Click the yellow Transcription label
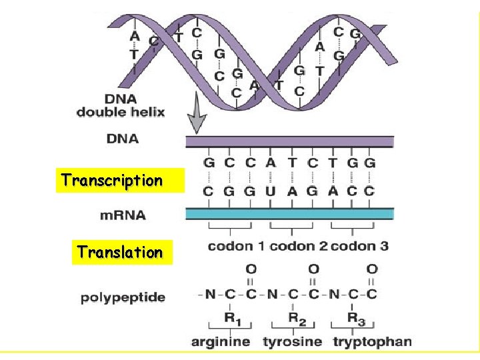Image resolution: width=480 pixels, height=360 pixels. click(x=112, y=180)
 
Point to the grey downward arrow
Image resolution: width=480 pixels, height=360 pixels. click(x=196, y=118)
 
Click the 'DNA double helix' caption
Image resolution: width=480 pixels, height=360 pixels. click(x=121, y=105)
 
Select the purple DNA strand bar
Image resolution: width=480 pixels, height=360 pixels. click(x=289, y=141)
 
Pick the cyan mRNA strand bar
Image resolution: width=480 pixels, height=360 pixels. click(x=289, y=213)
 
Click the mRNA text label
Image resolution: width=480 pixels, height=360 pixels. click(x=123, y=215)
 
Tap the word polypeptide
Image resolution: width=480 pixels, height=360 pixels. click(x=123, y=297)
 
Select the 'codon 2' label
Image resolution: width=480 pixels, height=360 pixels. click(x=298, y=247)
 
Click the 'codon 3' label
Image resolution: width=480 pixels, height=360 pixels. click(x=359, y=247)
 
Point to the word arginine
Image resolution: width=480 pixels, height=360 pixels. click(x=221, y=342)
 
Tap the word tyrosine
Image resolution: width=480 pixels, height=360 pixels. click(x=293, y=342)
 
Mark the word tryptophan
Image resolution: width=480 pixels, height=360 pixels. click(x=372, y=342)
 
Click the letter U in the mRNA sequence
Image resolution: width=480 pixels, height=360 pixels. click(x=270, y=191)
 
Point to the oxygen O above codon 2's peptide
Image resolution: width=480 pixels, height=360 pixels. click(x=313, y=269)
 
